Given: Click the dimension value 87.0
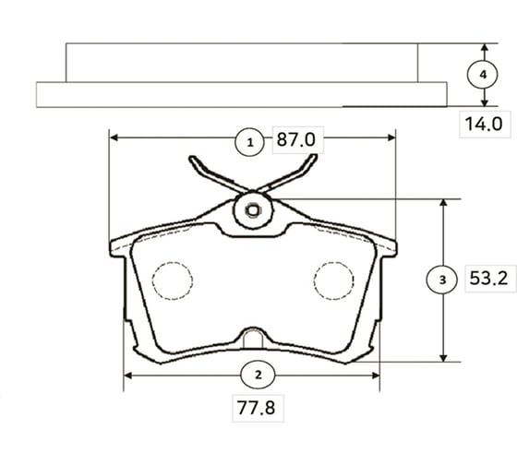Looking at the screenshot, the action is click(x=296, y=139).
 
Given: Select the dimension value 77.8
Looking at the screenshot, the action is click(x=257, y=408).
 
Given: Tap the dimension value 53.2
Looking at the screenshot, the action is click(x=488, y=278).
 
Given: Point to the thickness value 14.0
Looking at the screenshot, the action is click(x=484, y=124).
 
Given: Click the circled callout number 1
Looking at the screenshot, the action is click(x=250, y=142).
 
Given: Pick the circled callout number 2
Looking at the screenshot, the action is click(x=258, y=375).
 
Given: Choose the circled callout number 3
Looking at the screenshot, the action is click(x=442, y=280).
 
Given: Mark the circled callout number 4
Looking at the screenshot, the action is click(x=483, y=75).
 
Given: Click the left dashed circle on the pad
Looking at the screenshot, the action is click(x=172, y=280).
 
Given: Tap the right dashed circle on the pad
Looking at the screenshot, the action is click(x=333, y=280).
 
